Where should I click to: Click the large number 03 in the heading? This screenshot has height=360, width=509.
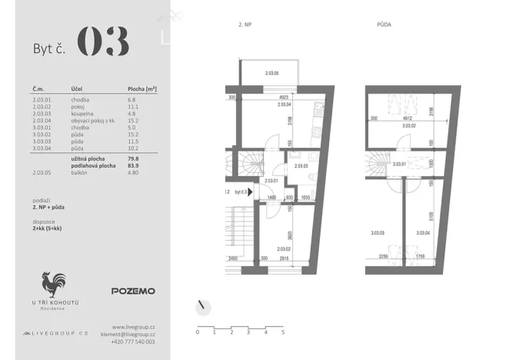(102, 42)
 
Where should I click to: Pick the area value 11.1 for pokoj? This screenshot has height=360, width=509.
(132, 106)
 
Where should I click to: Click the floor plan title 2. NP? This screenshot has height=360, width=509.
(246, 25)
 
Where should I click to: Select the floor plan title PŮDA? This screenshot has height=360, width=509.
(384, 25)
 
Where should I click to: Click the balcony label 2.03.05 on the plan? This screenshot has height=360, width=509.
(271, 74)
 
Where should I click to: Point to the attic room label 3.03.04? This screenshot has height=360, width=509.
(422, 233)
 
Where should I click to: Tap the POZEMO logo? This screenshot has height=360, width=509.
(133, 292)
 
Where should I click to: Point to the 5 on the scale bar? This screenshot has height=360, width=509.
(283, 332)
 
